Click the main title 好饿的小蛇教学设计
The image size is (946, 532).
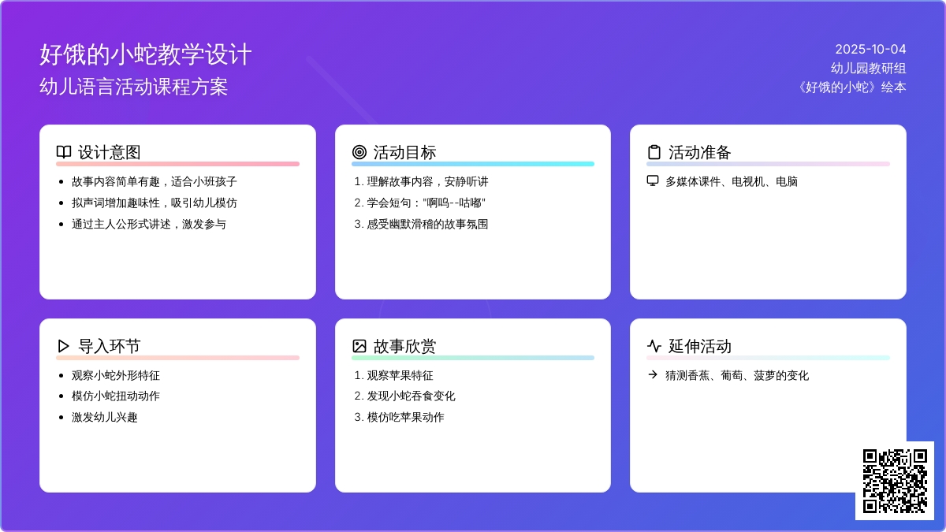(146, 54)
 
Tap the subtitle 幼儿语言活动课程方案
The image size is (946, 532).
(134, 87)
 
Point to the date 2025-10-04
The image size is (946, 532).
(870, 50)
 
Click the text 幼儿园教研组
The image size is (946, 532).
(868, 68)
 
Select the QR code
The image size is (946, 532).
(895, 481)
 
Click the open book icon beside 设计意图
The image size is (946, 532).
(64, 152)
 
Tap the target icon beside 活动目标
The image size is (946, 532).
(359, 152)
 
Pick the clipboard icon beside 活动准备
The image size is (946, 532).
(654, 152)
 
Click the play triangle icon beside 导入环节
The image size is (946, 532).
(63, 346)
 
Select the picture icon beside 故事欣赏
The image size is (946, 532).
(359, 346)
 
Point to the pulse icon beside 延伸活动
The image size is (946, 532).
(654, 346)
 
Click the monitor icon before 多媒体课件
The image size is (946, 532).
(653, 181)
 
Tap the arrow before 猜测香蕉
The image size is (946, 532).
(653, 374)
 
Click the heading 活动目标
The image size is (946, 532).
(404, 152)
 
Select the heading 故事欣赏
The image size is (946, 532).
(404, 346)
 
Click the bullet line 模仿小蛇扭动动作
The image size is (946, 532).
(116, 396)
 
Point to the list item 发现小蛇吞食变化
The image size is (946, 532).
(411, 396)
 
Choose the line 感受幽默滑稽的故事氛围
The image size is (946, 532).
(427, 224)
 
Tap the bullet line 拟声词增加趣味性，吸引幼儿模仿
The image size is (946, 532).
(155, 203)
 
